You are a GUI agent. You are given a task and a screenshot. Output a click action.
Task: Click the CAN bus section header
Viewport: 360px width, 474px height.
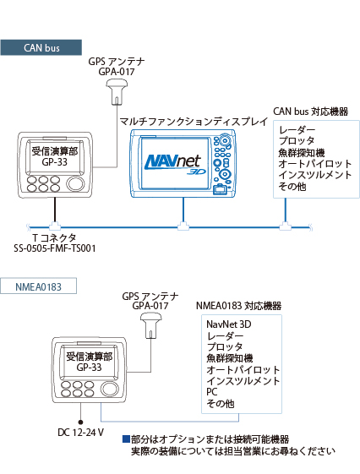(x=41, y=47)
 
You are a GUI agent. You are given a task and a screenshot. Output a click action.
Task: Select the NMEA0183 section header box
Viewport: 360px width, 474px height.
(x=38, y=286)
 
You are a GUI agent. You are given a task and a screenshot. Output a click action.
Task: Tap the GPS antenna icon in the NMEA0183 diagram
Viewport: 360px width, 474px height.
(x=150, y=325)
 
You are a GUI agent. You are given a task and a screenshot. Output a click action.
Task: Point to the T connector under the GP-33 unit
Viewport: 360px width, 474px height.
(x=55, y=226)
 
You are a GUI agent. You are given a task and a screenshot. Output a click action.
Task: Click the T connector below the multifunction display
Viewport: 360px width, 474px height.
(x=183, y=226)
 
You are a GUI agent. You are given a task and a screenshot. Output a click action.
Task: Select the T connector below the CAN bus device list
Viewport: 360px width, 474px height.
(x=285, y=226)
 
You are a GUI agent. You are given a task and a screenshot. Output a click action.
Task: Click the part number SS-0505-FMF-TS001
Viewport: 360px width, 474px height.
(x=55, y=248)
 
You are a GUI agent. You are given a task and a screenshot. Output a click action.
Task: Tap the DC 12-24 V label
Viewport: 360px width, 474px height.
(x=81, y=433)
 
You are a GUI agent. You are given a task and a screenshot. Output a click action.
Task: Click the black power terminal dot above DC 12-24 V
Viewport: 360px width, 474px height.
(x=81, y=422)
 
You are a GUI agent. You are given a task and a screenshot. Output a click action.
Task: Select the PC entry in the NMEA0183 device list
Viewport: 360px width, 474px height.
(x=212, y=392)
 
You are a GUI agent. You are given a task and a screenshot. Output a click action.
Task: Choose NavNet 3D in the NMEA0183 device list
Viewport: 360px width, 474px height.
(x=229, y=324)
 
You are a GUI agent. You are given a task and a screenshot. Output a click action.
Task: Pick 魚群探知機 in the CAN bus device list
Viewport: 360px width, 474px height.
(x=302, y=153)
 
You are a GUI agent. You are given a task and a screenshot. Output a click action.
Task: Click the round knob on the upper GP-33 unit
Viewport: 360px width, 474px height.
(x=75, y=183)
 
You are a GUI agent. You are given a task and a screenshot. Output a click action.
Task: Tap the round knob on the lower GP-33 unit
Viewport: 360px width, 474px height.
(x=109, y=389)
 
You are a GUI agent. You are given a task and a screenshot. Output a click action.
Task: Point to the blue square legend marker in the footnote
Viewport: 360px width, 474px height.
(x=126, y=439)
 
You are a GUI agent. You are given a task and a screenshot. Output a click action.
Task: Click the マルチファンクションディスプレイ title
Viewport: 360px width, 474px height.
(x=194, y=122)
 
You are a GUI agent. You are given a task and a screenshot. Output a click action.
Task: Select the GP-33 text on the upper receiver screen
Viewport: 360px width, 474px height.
(x=55, y=162)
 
